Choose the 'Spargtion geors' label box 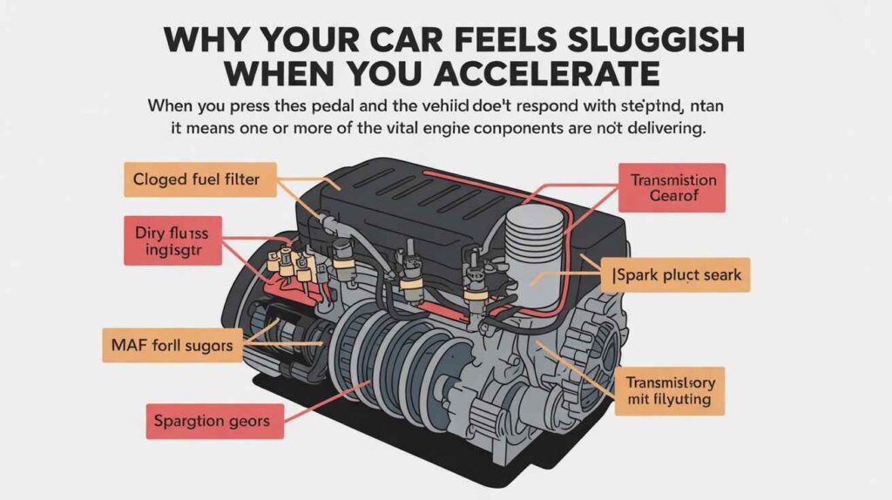(212, 422)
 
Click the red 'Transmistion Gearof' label (673, 188)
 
